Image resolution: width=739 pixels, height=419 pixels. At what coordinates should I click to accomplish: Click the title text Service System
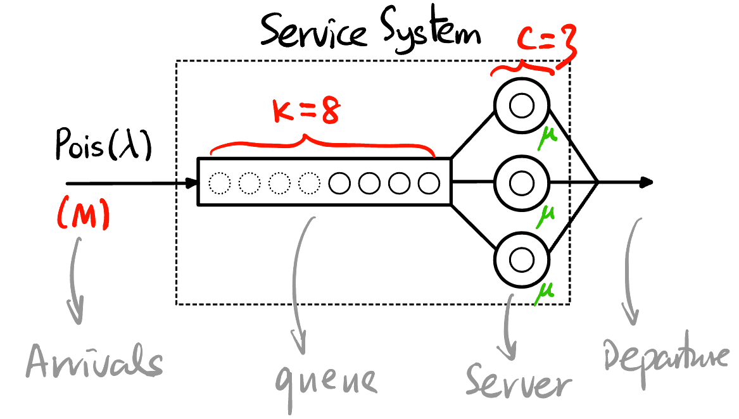(x=370, y=32)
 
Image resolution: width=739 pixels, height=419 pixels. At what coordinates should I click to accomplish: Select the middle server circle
(x=522, y=184)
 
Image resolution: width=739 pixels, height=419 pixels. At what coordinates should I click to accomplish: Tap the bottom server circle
(x=522, y=260)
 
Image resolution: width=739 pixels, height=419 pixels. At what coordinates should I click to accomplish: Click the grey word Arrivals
(x=94, y=363)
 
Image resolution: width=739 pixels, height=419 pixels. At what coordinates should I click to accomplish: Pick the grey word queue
(x=326, y=380)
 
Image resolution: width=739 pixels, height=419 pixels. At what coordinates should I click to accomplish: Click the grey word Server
(x=519, y=381)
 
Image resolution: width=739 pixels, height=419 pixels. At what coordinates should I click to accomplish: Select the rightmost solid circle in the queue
(x=429, y=184)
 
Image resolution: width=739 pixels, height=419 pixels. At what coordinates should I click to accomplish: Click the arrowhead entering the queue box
(x=192, y=184)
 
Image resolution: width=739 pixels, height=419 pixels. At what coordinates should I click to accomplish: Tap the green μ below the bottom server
(x=545, y=294)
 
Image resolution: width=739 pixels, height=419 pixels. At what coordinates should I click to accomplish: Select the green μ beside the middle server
(x=546, y=217)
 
